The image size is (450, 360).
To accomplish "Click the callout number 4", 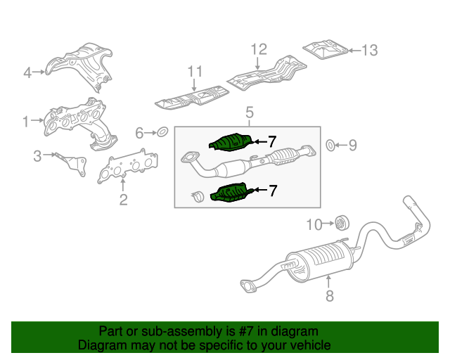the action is tap(27, 72).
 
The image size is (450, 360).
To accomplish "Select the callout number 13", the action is tap(370, 51).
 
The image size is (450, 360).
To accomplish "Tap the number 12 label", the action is tap(259, 49).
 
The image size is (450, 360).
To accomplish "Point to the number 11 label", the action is tap(195, 72).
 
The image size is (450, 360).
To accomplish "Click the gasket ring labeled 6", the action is tap(162, 132).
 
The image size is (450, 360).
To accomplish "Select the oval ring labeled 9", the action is tap(330, 146).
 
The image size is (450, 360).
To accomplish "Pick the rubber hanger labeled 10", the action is tap(342, 223).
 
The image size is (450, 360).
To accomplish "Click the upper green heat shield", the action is tap(231, 142).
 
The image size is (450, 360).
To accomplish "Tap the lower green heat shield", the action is tap(231, 193).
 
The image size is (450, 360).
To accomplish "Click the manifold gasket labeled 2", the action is tap(127, 166).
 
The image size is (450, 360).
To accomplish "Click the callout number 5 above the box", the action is tap(250, 112).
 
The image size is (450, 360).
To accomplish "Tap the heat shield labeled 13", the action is tap(325, 50).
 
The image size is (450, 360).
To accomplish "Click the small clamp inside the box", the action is tap(198, 196).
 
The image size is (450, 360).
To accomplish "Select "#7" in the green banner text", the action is tap(245, 331).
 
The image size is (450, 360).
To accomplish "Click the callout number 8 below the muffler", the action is tap(330, 296).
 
